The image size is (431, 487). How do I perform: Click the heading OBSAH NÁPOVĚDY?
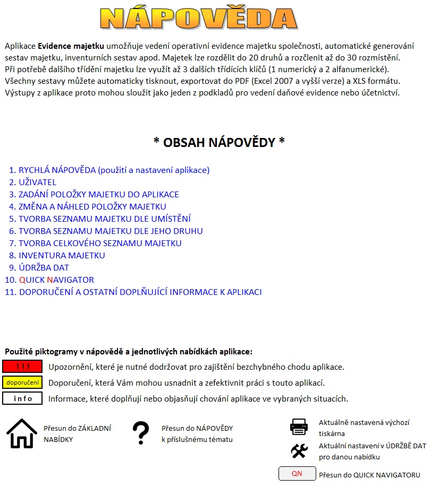(219, 142)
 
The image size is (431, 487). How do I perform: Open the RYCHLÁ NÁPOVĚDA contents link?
(114, 170)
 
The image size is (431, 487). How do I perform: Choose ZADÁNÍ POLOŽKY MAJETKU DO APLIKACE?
(98, 195)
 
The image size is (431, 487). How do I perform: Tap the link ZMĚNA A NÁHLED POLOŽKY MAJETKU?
(92, 207)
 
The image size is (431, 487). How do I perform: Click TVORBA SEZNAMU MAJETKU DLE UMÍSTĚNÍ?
(104, 219)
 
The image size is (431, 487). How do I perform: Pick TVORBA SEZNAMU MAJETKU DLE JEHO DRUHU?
(111, 231)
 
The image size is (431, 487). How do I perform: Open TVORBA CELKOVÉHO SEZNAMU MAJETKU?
(100, 243)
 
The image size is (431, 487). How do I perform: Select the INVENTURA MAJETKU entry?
(62, 256)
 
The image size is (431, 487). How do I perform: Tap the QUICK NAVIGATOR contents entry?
(56, 280)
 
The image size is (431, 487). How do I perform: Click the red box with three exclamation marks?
(22, 367)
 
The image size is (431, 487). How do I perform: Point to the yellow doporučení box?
(22, 382)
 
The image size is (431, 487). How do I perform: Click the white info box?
(22, 398)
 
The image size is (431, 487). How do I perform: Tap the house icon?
(22, 433)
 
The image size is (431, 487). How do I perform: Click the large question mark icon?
(140, 433)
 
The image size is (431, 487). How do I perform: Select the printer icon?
(299, 427)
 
